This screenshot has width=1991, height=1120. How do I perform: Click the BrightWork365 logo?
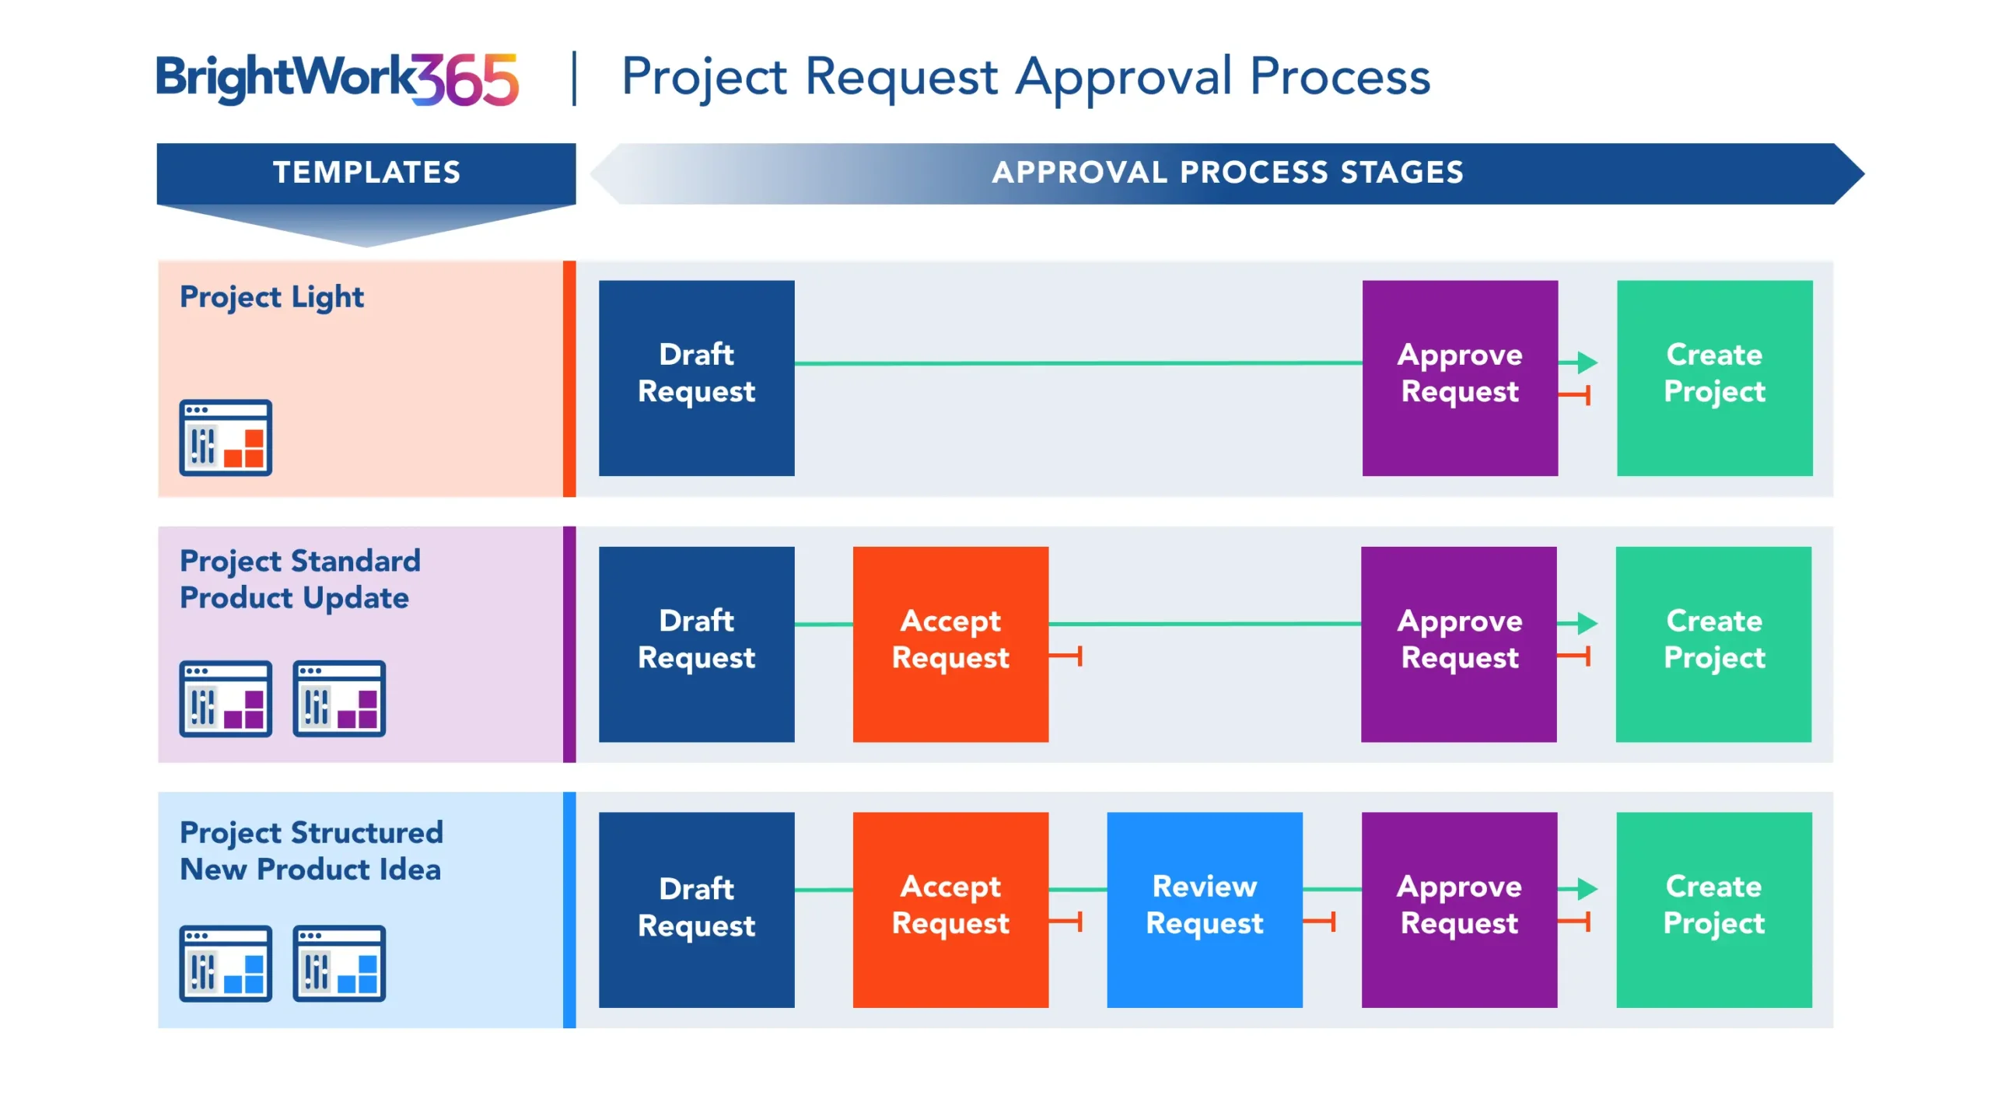click(x=336, y=79)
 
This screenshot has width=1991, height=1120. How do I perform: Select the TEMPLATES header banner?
click(x=366, y=173)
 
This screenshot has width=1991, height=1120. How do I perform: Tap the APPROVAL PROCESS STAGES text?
click(x=1226, y=173)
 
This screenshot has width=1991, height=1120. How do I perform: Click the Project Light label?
click(x=271, y=297)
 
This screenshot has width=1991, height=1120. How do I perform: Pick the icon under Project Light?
click(x=226, y=437)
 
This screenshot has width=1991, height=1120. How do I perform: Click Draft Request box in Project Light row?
click(x=696, y=378)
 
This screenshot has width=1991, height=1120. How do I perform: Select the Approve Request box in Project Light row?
click(x=1459, y=378)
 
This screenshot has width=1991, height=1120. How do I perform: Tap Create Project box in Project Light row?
click(x=1713, y=378)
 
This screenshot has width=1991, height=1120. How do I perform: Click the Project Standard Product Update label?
click(x=299, y=579)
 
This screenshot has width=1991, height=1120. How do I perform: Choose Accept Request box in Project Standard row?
click(x=950, y=644)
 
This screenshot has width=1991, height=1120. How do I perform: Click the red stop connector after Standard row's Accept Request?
click(x=1068, y=656)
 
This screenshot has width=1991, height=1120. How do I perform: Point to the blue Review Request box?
click(x=1204, y=909)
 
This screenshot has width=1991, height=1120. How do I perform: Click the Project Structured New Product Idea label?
click(x=311, y=850)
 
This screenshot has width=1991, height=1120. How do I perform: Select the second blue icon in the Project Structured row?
click(x=339, y=963)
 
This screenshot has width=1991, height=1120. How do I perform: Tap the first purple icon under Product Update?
click(x=226, y=698)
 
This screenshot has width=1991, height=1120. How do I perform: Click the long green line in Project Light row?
click(x=1077, y=363)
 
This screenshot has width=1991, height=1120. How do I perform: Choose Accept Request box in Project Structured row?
click(x=950, y=909)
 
